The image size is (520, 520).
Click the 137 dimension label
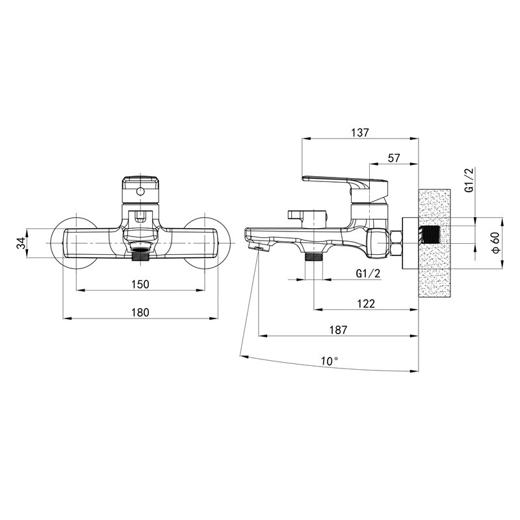click(x=360, y=133)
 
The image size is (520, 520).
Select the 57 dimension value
click(x=394, y=158)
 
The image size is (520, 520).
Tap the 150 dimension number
click(x=140, y=284)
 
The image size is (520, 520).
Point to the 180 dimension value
click(x=140, y=313)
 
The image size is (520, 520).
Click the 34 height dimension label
click(x=21, y=242)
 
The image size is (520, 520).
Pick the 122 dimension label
click(x=366, y=304)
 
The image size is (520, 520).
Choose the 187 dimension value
click(x=338, y=330)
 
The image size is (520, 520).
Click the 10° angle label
click(x=330, y=361)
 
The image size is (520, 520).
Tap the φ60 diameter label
click(x=496, y=242)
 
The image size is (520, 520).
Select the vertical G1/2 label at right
click(x=469, y=180)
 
